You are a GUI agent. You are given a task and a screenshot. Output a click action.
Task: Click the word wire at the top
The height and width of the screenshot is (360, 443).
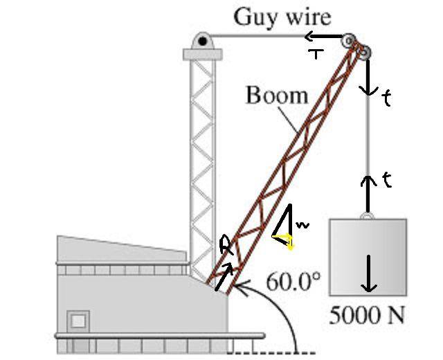309,17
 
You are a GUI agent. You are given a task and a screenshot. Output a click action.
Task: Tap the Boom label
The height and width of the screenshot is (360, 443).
277,95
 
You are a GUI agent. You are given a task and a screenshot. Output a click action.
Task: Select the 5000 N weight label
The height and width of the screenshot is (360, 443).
367,314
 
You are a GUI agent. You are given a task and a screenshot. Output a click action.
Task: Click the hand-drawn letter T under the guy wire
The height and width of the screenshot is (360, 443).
316,54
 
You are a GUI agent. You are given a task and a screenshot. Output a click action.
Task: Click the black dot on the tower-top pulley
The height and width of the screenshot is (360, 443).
202,42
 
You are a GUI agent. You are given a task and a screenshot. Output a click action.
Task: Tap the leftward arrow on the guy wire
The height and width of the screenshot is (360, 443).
324,36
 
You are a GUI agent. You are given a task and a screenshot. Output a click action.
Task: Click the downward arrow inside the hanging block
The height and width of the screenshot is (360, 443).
369,273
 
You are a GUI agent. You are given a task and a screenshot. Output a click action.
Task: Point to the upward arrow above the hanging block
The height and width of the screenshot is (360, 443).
368,194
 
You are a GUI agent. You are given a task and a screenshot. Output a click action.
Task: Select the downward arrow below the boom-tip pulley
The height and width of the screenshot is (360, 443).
368,77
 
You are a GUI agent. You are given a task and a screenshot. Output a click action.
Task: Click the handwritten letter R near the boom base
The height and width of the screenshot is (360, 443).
227,245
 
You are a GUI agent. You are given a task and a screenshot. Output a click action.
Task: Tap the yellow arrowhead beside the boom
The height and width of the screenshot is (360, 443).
289,242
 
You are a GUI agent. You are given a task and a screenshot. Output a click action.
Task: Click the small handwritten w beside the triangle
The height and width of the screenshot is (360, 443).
302,225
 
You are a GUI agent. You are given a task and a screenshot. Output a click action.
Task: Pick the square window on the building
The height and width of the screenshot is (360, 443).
78,321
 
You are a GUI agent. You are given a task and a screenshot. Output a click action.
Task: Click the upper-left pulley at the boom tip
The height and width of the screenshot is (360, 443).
349,42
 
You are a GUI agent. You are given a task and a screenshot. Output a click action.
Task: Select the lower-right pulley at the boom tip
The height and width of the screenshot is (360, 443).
363,53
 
